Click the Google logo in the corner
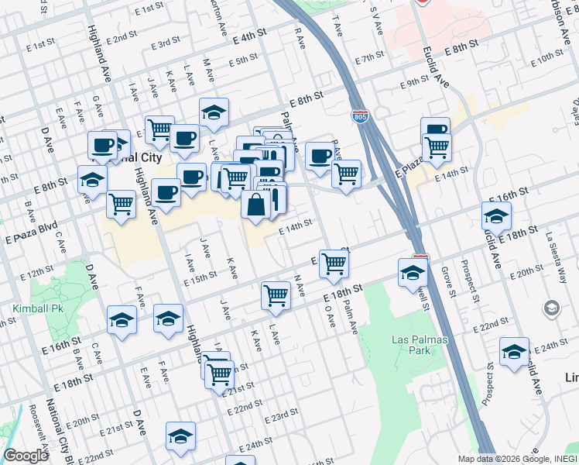[26, 456]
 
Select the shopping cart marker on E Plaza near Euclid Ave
[437, 146]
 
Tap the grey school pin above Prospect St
[551, 308]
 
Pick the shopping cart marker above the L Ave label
[276, 295]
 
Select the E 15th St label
[200, 277]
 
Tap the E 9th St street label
[414, 83]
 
